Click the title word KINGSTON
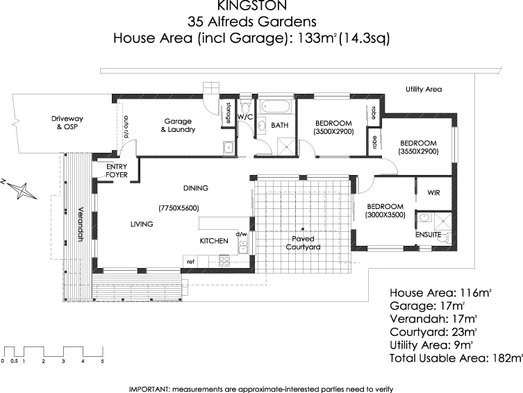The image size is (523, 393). coord(262,7)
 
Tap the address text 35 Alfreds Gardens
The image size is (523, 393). coord(262,22)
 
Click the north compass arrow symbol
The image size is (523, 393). coord(21,187)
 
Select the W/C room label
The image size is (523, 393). coord(245,117)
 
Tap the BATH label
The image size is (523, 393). coord(280,126)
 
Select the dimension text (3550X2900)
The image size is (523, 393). coord(418,151)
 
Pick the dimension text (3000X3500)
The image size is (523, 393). coord(385,216)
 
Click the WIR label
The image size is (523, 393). coord(433,192)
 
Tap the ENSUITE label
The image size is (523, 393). coord(429,235)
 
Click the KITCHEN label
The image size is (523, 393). coord(214,241)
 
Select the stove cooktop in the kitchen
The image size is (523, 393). coord(224,261)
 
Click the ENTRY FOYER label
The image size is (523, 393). coord(115,171)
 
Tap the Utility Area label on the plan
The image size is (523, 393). coord(424,90)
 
